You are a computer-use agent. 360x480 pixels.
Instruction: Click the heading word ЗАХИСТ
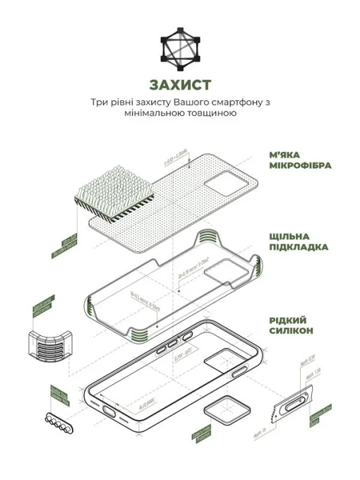(x=179, y=85)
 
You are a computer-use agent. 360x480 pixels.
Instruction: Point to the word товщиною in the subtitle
(x=214, y=114)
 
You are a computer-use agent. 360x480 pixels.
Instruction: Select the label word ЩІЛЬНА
(x=287, y=236)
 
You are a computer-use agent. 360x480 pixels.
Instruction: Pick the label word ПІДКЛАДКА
(x=297, y=248)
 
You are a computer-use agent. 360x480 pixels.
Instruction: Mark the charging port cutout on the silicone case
(x=112, y=412)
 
